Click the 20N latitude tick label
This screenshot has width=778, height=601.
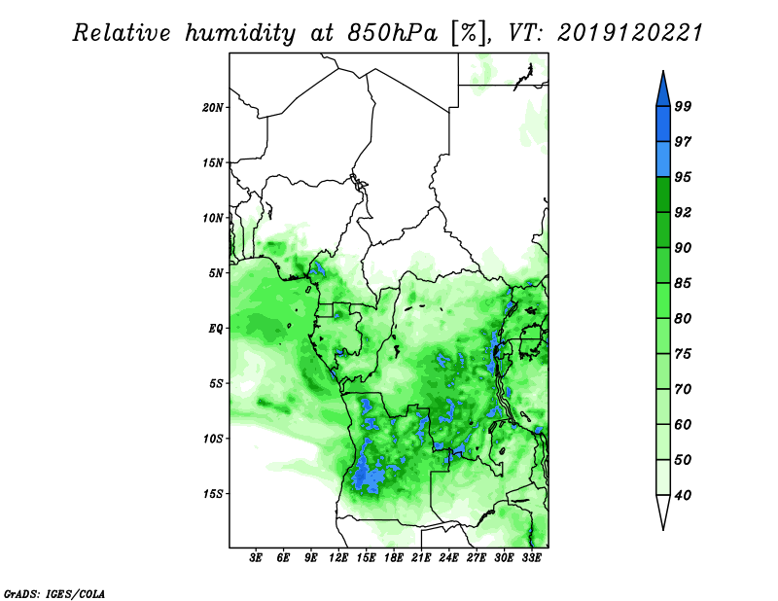(212, 108)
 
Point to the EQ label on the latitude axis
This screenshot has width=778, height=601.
(215, 329)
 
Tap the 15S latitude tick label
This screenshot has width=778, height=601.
(212, 494)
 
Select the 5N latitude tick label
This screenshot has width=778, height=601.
(215, 273)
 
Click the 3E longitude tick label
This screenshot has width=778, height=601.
(256, 558)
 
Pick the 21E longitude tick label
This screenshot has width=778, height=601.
(421, 558)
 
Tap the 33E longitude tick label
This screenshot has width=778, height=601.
(531, 558)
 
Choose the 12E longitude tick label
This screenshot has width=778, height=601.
(337, 558)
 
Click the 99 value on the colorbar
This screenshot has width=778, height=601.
(683, 106)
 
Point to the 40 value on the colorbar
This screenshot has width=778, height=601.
(683, 495)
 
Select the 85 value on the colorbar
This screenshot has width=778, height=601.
(683, 283)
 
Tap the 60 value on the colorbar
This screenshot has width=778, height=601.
(683, 424)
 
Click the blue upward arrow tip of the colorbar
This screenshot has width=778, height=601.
(663, 72)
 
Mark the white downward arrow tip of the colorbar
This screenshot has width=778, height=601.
(663, 529)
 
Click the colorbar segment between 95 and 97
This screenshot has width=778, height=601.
(663, 159)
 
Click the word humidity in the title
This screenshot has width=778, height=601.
(240, 33)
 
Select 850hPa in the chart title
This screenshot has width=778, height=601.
(393, 33)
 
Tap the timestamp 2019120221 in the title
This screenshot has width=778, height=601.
(629, 33)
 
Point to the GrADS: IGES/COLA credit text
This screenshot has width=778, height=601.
(54, 594)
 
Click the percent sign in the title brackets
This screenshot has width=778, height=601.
(468, 33)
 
